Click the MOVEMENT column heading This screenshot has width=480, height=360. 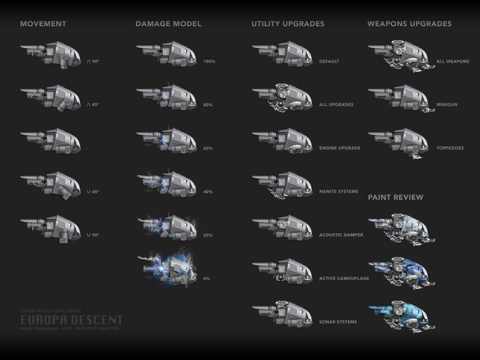(43, 24)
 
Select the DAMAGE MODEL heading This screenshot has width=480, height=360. (168, 24)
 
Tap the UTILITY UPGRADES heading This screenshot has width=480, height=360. (287, 24)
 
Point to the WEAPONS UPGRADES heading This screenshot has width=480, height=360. (409, 24)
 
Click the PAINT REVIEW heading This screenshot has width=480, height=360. (395, 198)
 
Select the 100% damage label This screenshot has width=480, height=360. (208, 61)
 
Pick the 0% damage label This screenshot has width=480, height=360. (207, 279)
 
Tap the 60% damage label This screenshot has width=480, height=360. (208, 148)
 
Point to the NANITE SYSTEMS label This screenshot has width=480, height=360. (339, 192)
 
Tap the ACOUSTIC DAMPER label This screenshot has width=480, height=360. (342, 235)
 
